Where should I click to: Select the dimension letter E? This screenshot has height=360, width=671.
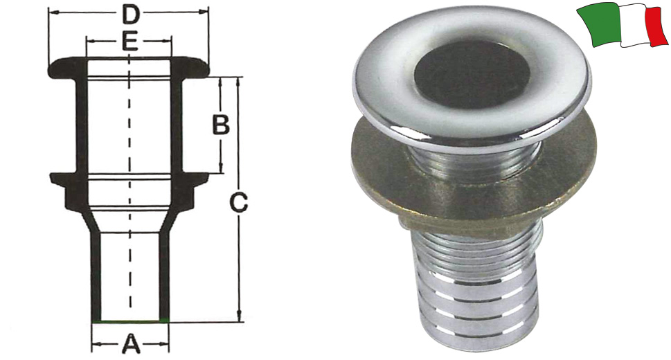129,42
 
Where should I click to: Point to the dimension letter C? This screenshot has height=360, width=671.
238,202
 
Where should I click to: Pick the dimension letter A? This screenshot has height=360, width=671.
132,344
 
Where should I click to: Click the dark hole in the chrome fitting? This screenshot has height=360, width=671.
472,75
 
